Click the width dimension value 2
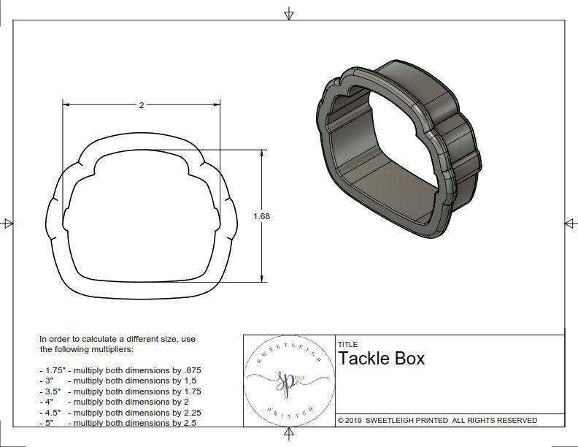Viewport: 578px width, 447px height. [141, 105]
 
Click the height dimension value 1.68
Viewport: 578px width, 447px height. [261, 216]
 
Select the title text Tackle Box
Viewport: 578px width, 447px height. [380, 359]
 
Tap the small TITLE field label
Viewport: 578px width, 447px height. [347, 344]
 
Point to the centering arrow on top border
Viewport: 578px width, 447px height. [289, 14]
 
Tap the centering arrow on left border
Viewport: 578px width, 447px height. [8, 223]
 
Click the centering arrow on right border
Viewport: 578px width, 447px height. [569, 223]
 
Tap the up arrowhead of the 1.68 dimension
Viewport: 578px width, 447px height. [261, 154]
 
